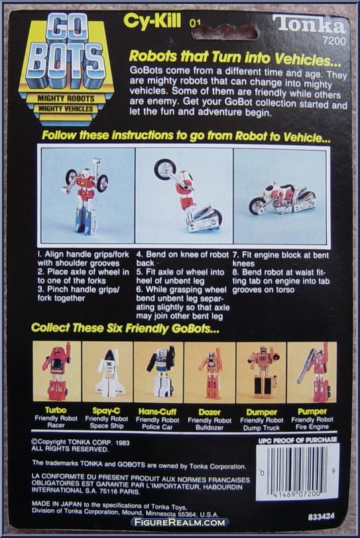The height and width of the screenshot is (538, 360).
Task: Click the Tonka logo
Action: click(309, 25)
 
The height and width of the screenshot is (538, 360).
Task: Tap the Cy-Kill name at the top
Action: click(152, 21)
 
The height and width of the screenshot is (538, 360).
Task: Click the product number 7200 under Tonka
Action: click(334, 42)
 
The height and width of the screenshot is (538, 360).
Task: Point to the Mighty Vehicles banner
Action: click(66, 109)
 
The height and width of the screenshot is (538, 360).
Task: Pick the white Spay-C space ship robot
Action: click(109, 373)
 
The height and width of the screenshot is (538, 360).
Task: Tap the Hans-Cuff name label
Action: click(157, 411)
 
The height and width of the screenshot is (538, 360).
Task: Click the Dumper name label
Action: click(261, 412)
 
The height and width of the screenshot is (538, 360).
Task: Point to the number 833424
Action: click(321, 516)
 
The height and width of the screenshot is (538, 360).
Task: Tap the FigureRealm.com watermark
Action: click(180, 523)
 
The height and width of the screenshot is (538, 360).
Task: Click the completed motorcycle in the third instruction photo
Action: click(281, 199)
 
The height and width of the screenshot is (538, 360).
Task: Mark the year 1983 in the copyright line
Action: click(122, 443)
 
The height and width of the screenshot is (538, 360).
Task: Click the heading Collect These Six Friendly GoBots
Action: click(125, 328)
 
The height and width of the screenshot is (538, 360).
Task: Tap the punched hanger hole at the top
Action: click(225, 32)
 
